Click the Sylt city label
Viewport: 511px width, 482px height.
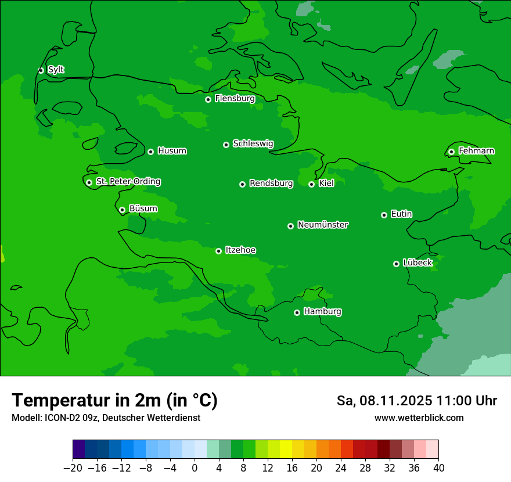[56, 70]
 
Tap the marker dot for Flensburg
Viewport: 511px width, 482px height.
[208, 99]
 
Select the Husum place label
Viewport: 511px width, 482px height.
[172, 151]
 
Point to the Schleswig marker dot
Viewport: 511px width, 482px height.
[226, 145]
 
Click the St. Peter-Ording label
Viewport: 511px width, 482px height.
[128, 182]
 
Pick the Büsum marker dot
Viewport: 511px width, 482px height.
[122, 210]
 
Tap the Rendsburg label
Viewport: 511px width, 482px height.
[271, 184]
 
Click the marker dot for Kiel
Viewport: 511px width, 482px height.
[311, 184]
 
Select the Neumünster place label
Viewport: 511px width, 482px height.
[323, 225]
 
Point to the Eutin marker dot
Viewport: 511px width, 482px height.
[384, 215]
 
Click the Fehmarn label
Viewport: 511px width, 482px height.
[476, 151]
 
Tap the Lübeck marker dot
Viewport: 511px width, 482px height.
[396, 264]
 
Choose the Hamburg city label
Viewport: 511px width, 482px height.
[322, 312]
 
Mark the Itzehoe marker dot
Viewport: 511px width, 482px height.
[218, 251]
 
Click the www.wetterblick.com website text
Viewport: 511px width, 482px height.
[419, 418]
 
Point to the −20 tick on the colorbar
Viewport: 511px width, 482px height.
[73, 468]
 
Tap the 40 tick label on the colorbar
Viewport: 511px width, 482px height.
[438, 468]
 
